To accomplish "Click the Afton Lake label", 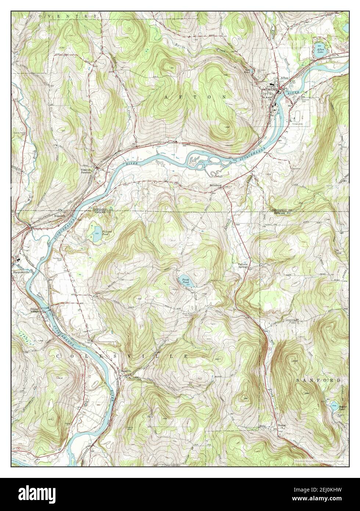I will pyautogui.click(x=318, y=51).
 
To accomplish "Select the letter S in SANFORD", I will pyautogui.click(x=298, y=380).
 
